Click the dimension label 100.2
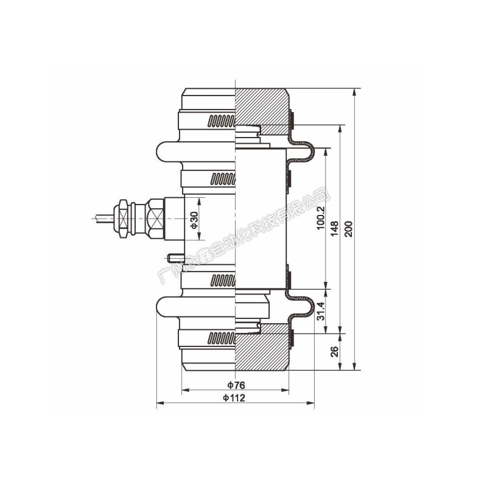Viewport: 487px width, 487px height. [321, 218]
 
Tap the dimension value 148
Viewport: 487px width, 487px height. [334, 229]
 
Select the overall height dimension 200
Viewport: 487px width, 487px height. [349, 229]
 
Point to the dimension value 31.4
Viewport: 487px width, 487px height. [321, 311]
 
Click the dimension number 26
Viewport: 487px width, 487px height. [334, 352]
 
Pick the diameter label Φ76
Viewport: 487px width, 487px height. [236, 385]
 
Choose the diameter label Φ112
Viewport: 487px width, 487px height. [234, 398]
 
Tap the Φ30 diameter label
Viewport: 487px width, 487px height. [194, 220]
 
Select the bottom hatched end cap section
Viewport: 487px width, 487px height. [262, 347]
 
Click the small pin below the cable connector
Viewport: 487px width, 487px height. [175, 258]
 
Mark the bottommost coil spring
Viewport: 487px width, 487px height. [222, 338]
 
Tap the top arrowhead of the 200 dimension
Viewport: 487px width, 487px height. [355, 93]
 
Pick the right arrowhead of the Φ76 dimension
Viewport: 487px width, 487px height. [285, 390]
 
